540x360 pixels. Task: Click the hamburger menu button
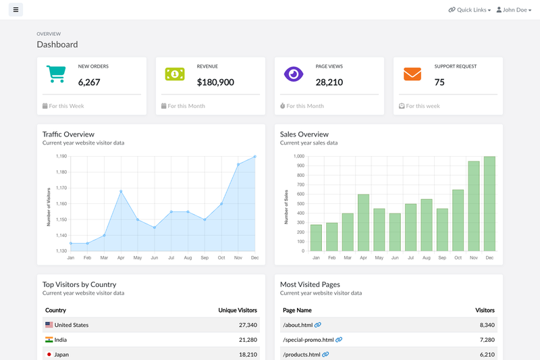[x=16, y=9]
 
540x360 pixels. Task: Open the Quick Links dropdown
[x=469, y=10]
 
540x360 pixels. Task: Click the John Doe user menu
[x=514, y=10]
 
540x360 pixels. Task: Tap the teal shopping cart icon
[x=56, y=74]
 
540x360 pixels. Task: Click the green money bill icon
[x=175, y=74]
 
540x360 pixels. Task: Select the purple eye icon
[x=294, y=74]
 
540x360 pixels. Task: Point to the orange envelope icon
[x=412, y=74]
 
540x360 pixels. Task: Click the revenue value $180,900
[x=215, y=82]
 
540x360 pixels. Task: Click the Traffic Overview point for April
[x=121, y=191]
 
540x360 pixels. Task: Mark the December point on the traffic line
[x=255, y=157]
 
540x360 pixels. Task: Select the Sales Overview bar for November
[x=474, y=206]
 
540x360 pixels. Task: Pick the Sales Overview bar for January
[x=316, y=238]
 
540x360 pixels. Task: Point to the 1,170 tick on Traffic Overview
[x=61, y=188]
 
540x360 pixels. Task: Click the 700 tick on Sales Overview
[x=300, y=184]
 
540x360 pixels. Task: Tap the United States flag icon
[x=49, y=324]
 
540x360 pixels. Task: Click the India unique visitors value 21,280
[x=248, y=340]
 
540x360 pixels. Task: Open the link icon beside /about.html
[x=318, y=324]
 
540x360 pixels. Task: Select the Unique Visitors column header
[x=238, y=310]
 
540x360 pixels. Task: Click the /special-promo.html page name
[x=308, y=340]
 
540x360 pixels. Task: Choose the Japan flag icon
[x=49, y=354]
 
